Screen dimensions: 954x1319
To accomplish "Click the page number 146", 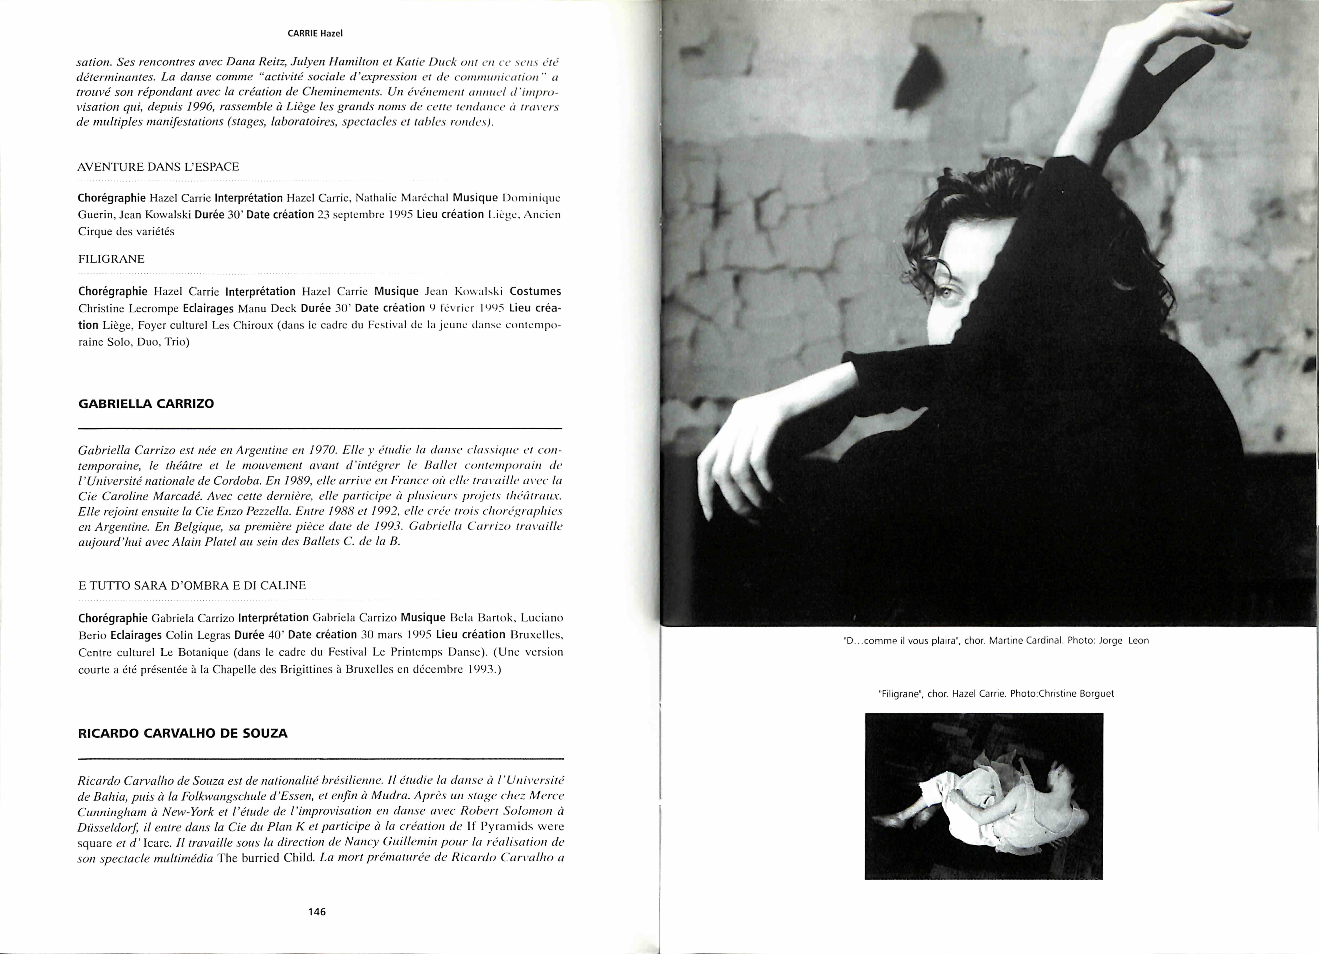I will [317, 912].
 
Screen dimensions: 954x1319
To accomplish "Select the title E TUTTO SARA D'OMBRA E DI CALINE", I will [192, 585].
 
